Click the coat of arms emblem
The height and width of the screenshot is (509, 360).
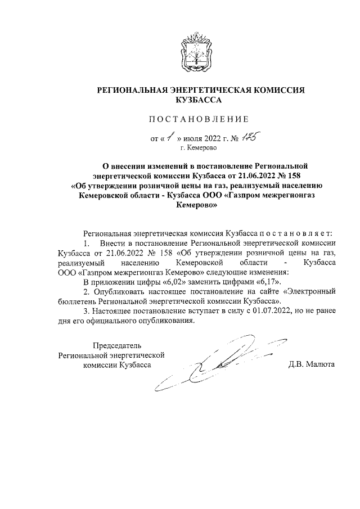194,51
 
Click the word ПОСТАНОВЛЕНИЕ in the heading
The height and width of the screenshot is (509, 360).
197,119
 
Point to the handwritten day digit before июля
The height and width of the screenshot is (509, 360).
171,137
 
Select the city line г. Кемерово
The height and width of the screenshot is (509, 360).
198,148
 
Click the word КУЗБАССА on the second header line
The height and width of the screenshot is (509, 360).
199,100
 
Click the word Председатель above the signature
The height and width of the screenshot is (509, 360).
118,345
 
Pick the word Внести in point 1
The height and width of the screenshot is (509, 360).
111,243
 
